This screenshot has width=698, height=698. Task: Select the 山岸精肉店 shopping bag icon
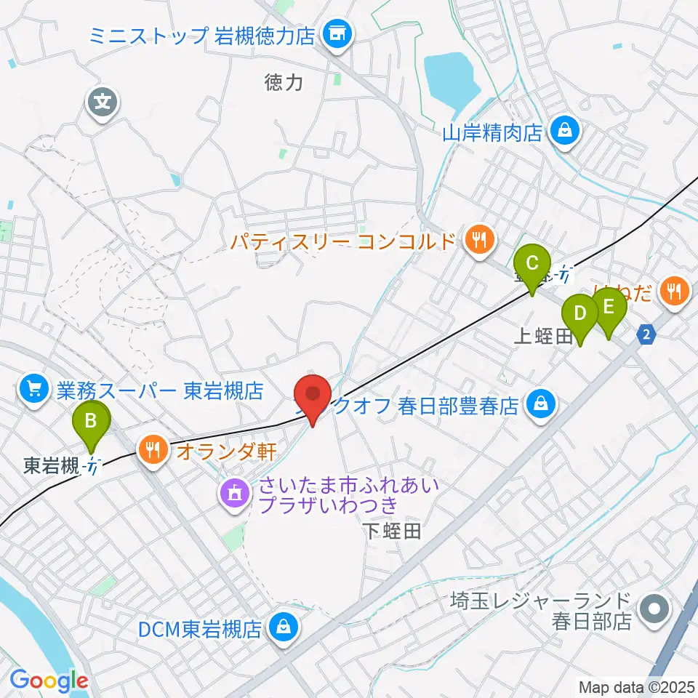pos(563,132)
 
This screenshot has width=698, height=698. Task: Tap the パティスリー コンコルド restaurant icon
pos(478,240)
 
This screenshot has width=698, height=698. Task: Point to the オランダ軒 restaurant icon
pos(153,451)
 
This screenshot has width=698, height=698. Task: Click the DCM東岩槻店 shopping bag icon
pos(281,627)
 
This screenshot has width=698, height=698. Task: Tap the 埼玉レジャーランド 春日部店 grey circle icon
pos(653,610)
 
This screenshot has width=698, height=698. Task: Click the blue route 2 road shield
pos(646,334)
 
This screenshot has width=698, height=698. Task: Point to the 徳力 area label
pos(284,83)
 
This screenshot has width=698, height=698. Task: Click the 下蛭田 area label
pos(392,531)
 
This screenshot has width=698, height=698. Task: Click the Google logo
pos(49,681)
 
